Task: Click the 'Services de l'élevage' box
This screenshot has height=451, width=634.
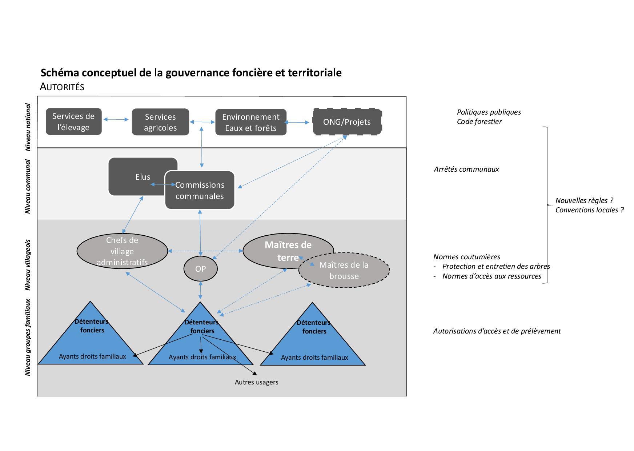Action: point(73,122)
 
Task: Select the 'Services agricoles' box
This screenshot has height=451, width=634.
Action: point(160,122)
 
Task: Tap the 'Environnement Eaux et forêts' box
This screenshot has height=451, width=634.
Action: point(251,122)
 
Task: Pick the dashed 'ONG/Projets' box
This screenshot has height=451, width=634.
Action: point(347,122)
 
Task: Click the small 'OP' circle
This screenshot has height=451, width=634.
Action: point(201,269)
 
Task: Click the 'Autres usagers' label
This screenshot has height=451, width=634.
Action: point(256,382)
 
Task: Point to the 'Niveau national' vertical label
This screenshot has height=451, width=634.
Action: point(28,127)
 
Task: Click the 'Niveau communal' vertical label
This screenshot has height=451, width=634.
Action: point(28,186)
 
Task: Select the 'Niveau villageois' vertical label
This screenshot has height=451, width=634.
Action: point(28,264)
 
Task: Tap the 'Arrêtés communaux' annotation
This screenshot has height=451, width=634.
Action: point(466,169)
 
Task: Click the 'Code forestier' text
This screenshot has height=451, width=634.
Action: point(479,122)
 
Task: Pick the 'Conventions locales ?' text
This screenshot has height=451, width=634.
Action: point(589,210)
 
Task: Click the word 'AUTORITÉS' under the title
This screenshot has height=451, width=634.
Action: point(62,87)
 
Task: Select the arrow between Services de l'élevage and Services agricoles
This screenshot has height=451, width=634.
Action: point(116,119)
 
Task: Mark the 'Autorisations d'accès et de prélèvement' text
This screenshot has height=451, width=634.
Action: point(497,331)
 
